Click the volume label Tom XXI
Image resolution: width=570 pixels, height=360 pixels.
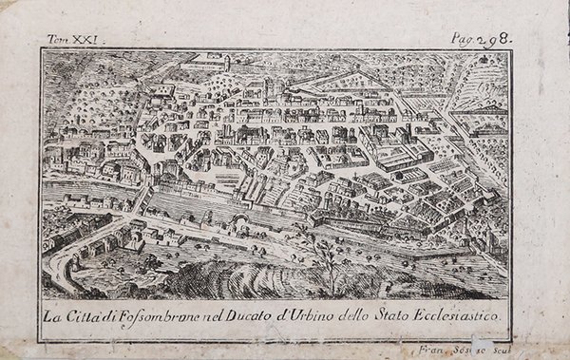(77, 39)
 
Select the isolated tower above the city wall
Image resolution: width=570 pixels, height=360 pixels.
(227, 63)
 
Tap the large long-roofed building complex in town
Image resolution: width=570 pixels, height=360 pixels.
(399, 152)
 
